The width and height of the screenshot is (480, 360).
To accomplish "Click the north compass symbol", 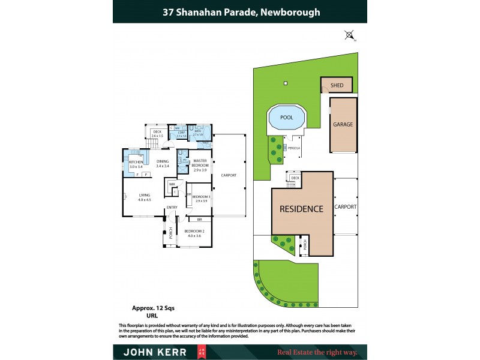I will pos(349,35).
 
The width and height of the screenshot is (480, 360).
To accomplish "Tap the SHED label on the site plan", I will pos(337,85).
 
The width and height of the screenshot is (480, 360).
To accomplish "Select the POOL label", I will pos(287,118).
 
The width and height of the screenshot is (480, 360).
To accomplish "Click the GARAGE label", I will pos(343,125).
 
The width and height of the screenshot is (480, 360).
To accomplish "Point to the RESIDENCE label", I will pos(301,209).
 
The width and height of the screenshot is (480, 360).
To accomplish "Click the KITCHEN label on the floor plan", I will pos(136,161).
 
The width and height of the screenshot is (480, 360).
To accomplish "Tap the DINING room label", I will pos(163,161).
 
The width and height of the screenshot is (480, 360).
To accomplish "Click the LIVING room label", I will pos(145,195).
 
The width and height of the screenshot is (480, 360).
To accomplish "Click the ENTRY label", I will pos(172,208).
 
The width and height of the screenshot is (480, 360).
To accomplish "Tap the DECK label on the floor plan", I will pos(157,132).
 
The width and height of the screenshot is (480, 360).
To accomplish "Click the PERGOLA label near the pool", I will pos(294,147).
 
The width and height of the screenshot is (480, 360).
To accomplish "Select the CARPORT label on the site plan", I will pos(346,206).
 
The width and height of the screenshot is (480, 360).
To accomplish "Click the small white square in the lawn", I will pos(287,83).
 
